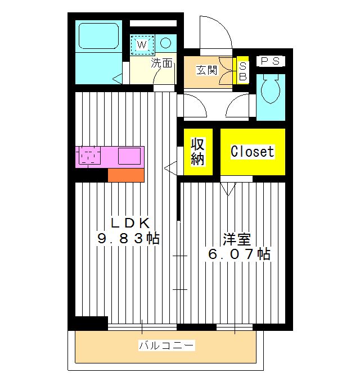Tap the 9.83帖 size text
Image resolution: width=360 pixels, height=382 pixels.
[x=128, y=238]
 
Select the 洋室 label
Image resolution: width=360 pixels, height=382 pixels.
[x=236, y=238]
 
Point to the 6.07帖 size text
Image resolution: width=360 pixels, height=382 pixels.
[x=238, y=254]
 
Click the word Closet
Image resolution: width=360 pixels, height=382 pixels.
[x=253, y=152]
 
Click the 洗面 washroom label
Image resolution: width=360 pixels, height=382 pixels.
[x=162, y=63]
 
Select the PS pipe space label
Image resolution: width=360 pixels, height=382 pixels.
[x=271, y=61]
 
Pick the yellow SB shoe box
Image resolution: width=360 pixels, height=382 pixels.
[x=243, y=71]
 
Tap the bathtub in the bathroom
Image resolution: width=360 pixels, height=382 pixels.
[x=99, y=35]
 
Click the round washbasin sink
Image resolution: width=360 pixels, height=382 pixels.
[x=166, y=42]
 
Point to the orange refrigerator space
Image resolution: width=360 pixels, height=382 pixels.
[x=126, y=175]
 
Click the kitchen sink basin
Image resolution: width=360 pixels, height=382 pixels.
[x=129, y=156]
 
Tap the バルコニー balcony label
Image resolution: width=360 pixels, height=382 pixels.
[x=166, y=345]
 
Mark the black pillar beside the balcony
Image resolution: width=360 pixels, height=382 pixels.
[x=88, y=324]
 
